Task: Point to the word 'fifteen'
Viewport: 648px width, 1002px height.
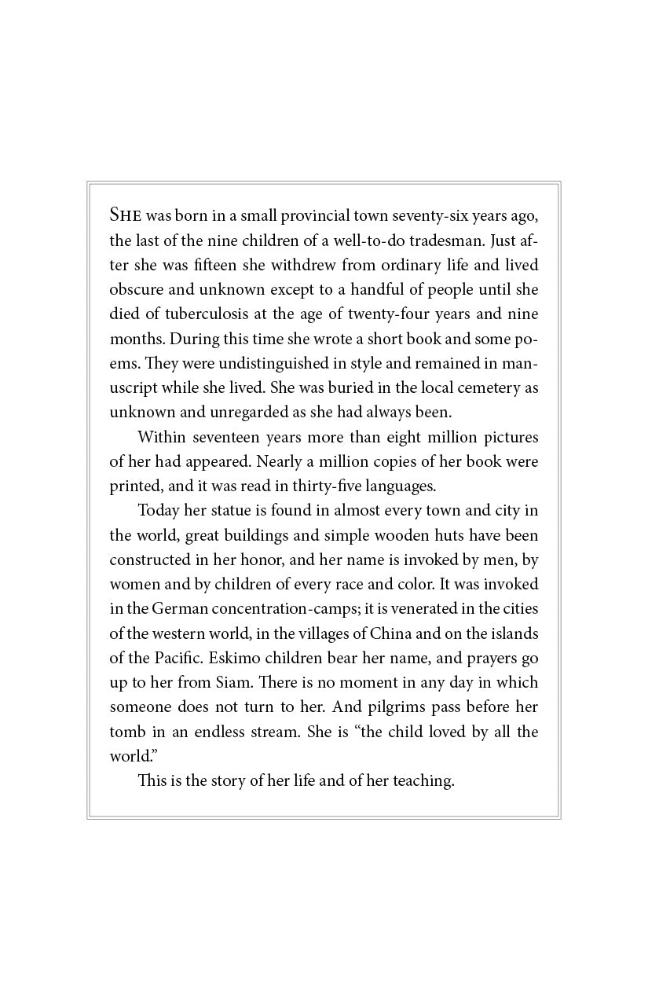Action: [x=238, y=265]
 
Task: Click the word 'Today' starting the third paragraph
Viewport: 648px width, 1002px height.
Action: [x=158, y=511]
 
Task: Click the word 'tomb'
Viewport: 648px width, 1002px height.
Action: [x=126, y=732]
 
